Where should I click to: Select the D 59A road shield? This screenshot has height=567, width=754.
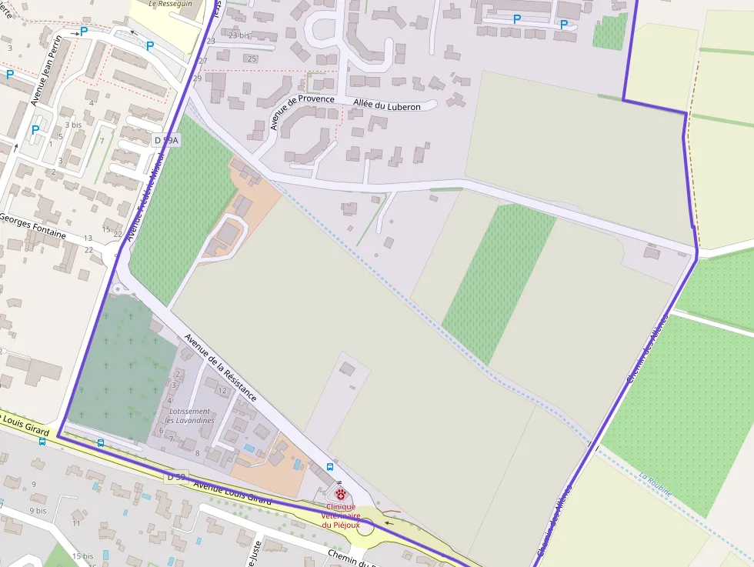(165, 140)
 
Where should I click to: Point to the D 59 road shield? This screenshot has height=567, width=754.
(176, 477)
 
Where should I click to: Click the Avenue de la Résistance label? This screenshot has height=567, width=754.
(220, 368)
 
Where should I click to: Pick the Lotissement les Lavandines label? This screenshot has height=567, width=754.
(189, 415)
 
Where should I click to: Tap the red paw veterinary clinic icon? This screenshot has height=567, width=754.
(341, 493)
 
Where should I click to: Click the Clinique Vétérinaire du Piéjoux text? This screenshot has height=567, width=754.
(341, 515)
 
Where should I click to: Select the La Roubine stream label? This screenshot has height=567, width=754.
(656, 485)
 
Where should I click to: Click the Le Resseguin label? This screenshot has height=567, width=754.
(169, 4)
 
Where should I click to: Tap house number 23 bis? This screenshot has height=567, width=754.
(239, 35)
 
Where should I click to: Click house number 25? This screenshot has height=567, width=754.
(251, 58)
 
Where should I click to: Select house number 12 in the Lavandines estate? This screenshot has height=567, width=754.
(222, 391)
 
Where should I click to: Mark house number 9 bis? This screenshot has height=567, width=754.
(38, 510)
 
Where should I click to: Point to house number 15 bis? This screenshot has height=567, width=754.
(83, 555)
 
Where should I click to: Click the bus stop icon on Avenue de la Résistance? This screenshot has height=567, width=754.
(330, 467)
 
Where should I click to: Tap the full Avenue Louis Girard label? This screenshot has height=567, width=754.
(232, 492)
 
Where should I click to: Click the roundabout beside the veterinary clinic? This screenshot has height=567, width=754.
(365, 527)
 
